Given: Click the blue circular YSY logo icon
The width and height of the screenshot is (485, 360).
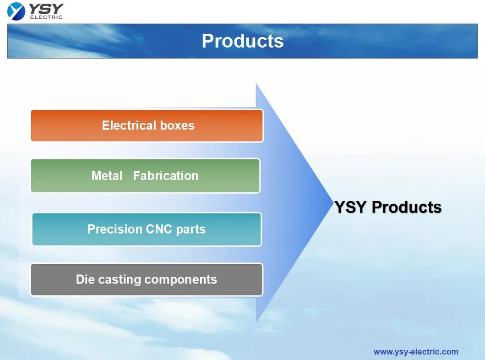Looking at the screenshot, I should point(16,11).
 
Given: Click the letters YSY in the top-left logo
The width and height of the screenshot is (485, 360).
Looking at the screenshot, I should point(46,8).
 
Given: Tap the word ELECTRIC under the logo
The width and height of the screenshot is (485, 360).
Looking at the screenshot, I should point(46,17).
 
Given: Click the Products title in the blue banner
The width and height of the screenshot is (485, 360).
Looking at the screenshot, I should point(242,41).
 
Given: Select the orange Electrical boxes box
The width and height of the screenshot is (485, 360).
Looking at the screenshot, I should point(147,125).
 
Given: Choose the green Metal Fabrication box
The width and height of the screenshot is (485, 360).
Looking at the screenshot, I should point(145,175).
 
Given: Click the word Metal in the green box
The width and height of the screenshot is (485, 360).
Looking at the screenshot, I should point(107,175).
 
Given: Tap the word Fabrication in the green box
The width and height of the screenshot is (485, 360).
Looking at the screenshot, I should point(166,175).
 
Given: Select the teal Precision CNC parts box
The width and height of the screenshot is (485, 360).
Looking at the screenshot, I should point(147,229).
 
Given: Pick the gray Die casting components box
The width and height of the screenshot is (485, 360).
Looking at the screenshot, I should point(147,279).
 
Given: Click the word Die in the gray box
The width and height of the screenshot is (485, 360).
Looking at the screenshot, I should point(85,279).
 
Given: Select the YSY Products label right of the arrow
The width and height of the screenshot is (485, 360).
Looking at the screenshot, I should point(388,207).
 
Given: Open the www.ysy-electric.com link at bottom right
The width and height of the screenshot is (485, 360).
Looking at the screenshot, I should point(415,352).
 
